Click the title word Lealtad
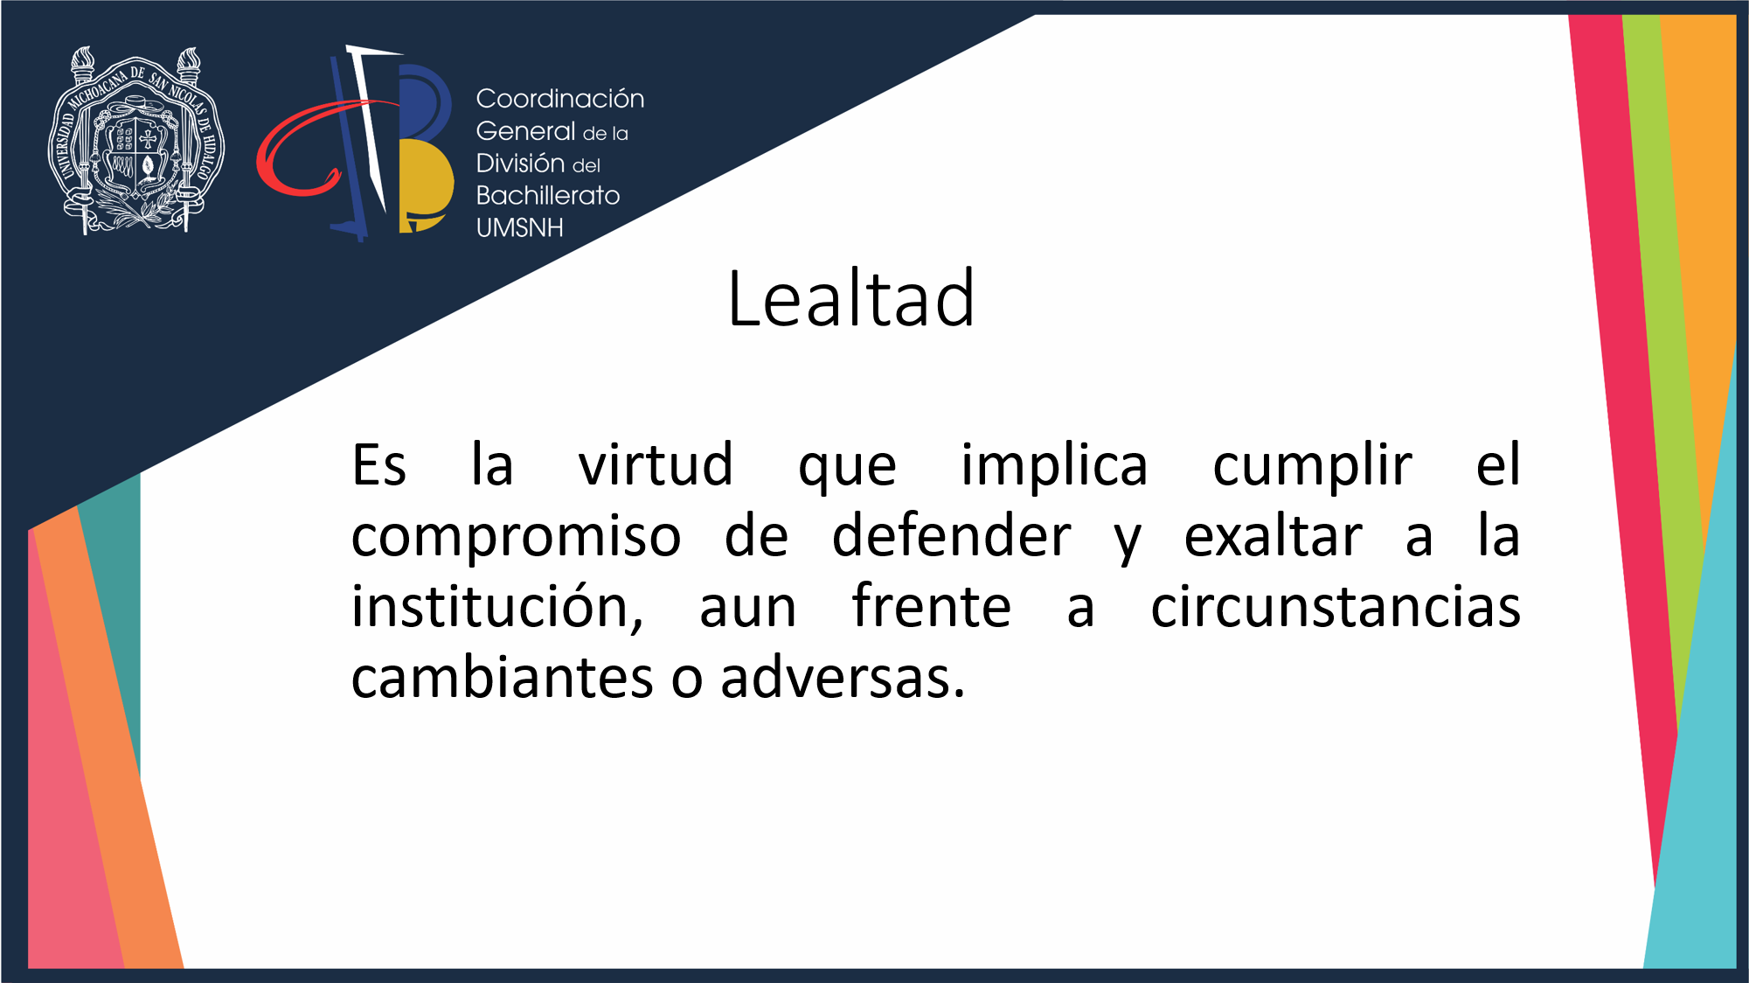click(850, 298)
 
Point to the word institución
click(497, 606)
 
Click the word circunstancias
click(1336, 606)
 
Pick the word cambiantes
click(502, 677)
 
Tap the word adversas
click(843, 677)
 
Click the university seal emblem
click(136, 140)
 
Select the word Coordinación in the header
click(560, 99)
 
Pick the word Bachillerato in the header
click(548, 195)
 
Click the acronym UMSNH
click(520, 227)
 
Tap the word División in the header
click(520, 163)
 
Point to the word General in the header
click(525, 131)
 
